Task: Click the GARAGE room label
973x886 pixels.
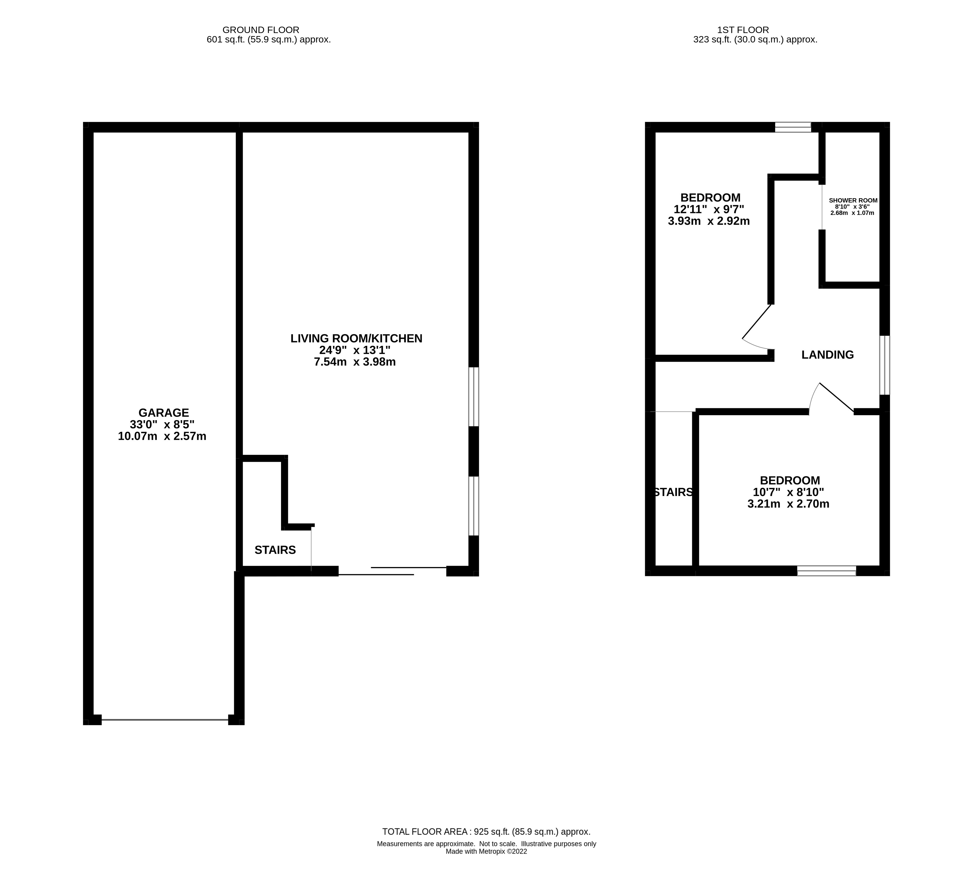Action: (x=164, y=413)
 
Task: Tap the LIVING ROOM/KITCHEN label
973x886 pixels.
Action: (x=356, y=338)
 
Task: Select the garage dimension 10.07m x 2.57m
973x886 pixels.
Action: (x=162, y=437)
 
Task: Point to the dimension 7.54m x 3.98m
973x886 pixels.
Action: (x=355, y=362)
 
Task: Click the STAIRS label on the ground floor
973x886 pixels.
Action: (x=275, y=550)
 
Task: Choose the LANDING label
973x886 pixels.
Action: (x=828, y=355)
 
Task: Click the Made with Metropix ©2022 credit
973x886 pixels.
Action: (x=487, y=852)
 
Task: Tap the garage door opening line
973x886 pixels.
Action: (x=165, y=720)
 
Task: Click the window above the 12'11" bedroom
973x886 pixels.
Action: (x=793, y=127)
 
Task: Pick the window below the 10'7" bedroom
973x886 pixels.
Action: (x=827, y=571)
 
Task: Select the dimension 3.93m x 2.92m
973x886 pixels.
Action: (x=709, y=221)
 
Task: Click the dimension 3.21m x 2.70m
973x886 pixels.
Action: (x=788, y=504)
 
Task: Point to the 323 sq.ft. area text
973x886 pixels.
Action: (x=755, y=40)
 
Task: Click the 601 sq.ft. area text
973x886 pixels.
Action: (x=269, y=40)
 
